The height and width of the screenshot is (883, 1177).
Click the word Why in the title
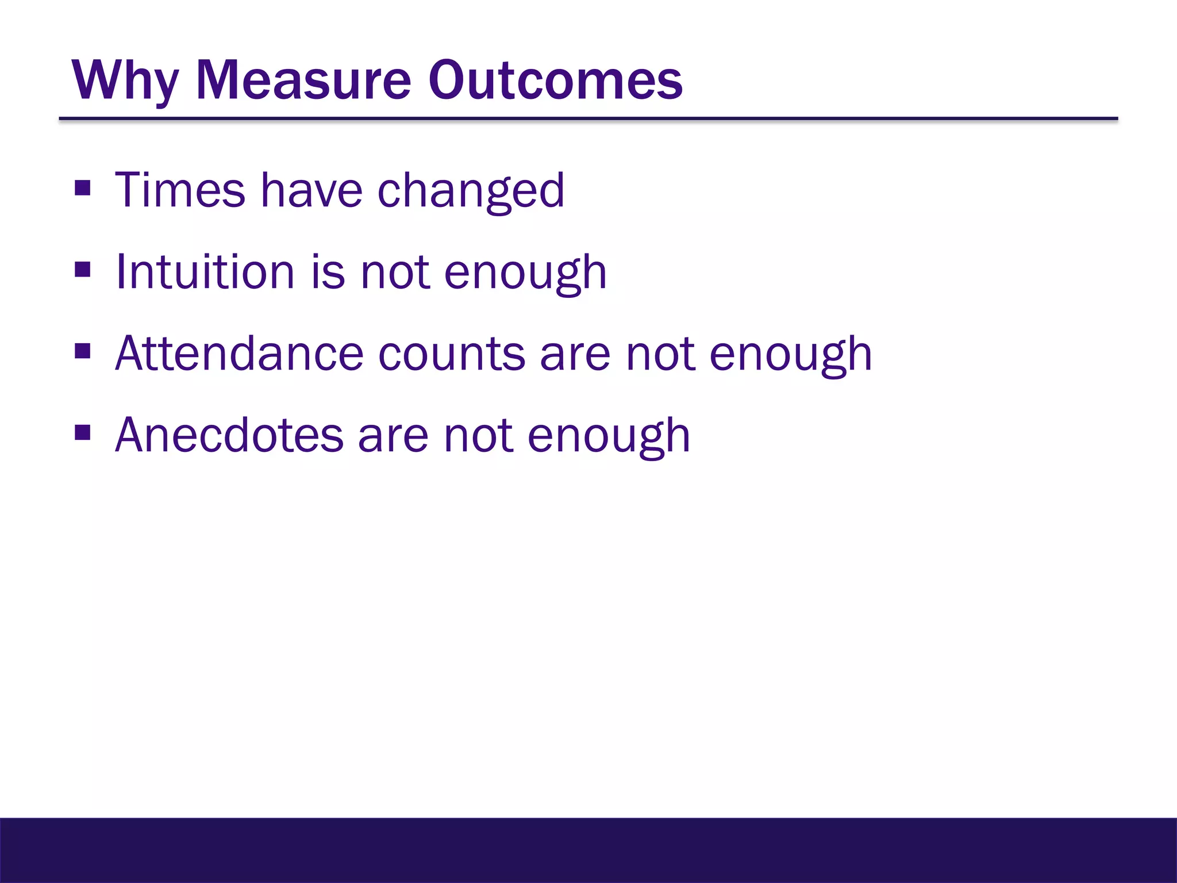[x=125, y=80]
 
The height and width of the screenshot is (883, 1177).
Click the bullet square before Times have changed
[x=83, y=188]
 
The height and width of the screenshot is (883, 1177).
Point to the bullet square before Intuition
[x=83, y=270]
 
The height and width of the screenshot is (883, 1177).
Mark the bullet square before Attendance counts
[x=83, y=351]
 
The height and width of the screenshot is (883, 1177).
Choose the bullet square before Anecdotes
[x=83, y=432]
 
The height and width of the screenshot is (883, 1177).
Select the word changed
[x=471, y=192]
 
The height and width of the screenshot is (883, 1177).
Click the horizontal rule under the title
[x=588, y=119]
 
